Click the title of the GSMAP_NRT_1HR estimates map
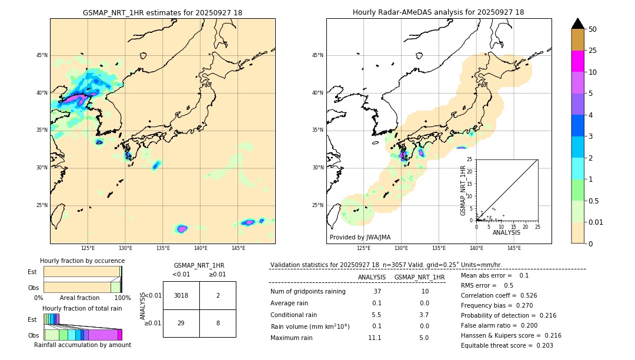click(x=162, y=12)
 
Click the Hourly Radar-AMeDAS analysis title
click(x=438, y=12)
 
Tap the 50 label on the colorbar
click(x=593, y=29)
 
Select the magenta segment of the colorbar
click(x=577, y=61)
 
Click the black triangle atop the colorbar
click(x=577, y=24)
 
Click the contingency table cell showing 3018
click(x=181, y=295)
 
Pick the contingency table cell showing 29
click(x=181, y=323)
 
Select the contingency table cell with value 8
click(x=218, y=323)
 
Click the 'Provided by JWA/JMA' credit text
click(x=360, y=237)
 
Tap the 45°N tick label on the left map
click(x=42, y=55)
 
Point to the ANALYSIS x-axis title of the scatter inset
click(x=506, y=232)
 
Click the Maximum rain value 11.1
click(x=375, y=338)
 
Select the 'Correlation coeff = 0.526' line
click(x=499, y=295)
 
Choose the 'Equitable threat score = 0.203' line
click(x=507, y=345)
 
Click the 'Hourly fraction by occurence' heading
click(x=82, y=261)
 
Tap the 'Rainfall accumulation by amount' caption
click(x=82, y=345)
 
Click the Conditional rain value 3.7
click(x=424, y=315)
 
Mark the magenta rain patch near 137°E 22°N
click(x=182, y=229)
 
